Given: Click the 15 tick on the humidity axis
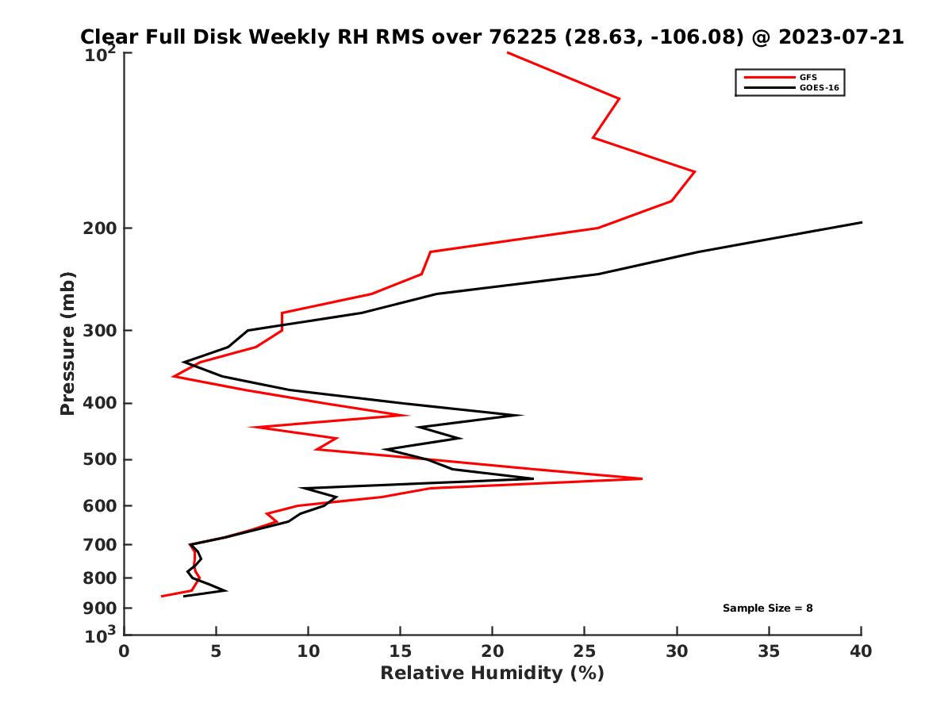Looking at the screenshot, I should point(401,651).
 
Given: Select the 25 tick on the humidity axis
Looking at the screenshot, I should point(585,651).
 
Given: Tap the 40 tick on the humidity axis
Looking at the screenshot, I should point(861,651).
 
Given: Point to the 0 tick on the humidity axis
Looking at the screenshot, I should point(125,651).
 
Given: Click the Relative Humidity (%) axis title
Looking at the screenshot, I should point(492,674).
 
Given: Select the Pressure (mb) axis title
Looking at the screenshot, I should point(67,343).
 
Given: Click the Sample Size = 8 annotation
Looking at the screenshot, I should point(767,608).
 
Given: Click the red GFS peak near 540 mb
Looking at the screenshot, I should point(641,478).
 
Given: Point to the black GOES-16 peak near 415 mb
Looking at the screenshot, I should point(520,415).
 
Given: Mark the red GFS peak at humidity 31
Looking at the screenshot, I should point(695,171).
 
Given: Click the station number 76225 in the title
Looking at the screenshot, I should point(514,36).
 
